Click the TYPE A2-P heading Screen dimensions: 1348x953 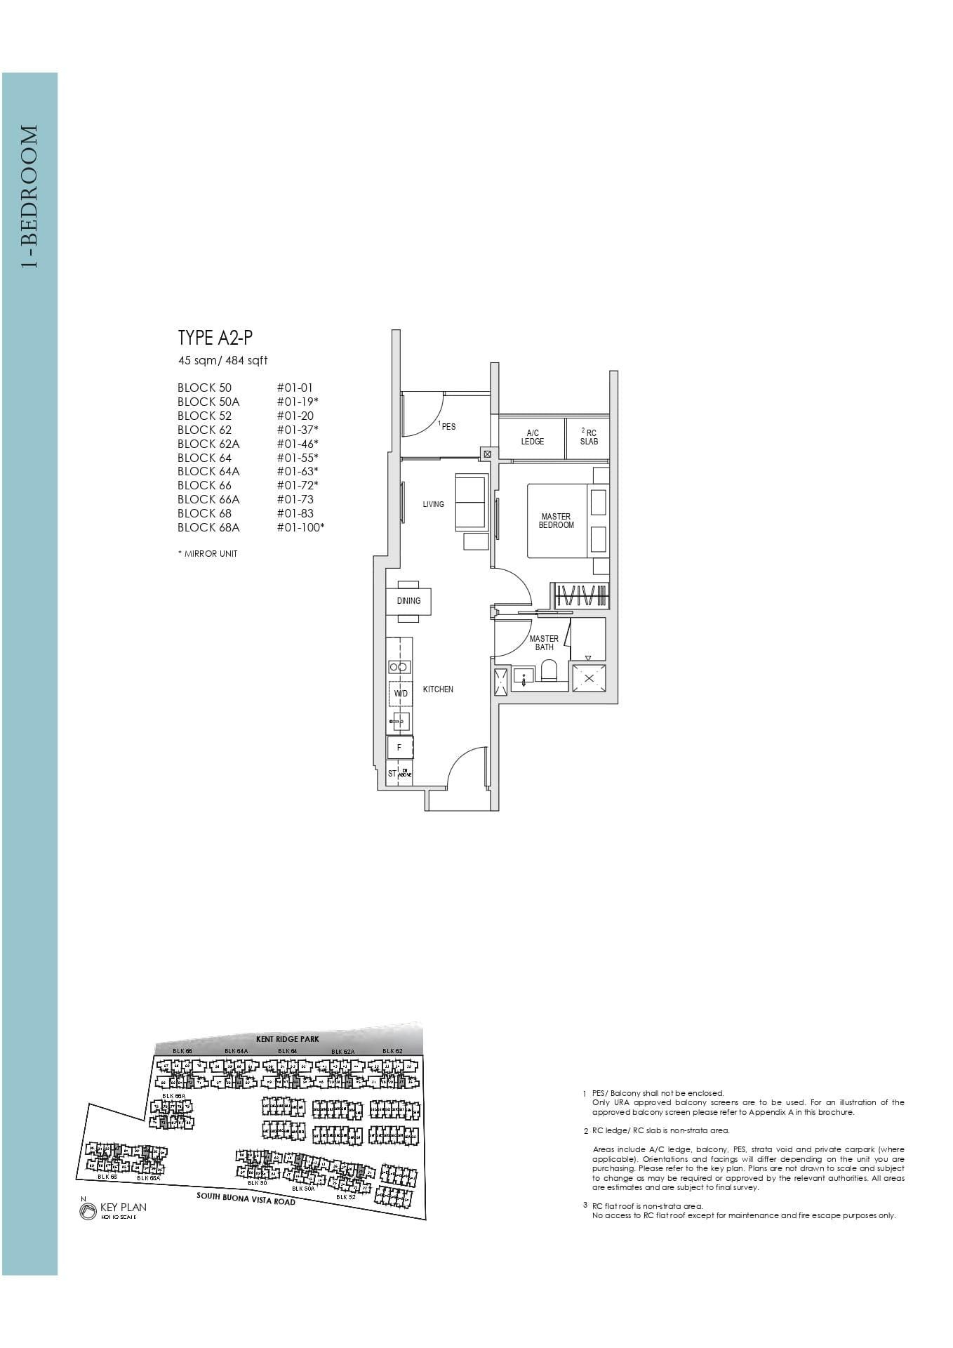pos(215,338)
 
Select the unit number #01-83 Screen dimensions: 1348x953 pos(295,513)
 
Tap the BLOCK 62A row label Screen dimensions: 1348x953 pos(208,444)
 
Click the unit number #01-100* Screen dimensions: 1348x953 pos(300,527)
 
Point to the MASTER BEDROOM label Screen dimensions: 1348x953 pos(556,521)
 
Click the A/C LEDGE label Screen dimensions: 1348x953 pos(532,437)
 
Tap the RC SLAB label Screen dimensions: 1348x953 pos(589,437)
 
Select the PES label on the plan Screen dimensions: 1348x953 pos(448,426)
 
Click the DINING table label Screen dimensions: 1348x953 pos(408,601)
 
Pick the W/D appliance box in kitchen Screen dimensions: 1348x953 pos(400,694)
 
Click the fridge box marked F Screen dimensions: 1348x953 pos(399,748)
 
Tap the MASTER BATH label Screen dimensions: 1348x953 pos(544,643)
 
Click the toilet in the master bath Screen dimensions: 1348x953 pos(549,673)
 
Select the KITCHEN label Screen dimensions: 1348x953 pos(438,689)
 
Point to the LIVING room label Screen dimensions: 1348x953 pos(433,504)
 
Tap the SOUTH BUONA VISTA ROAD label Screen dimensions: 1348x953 pos(246,1198)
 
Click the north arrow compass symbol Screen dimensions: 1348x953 pos(88,1212)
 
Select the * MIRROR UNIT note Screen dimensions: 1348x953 pos(208,554)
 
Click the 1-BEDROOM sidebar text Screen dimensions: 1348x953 pos(29,197)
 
